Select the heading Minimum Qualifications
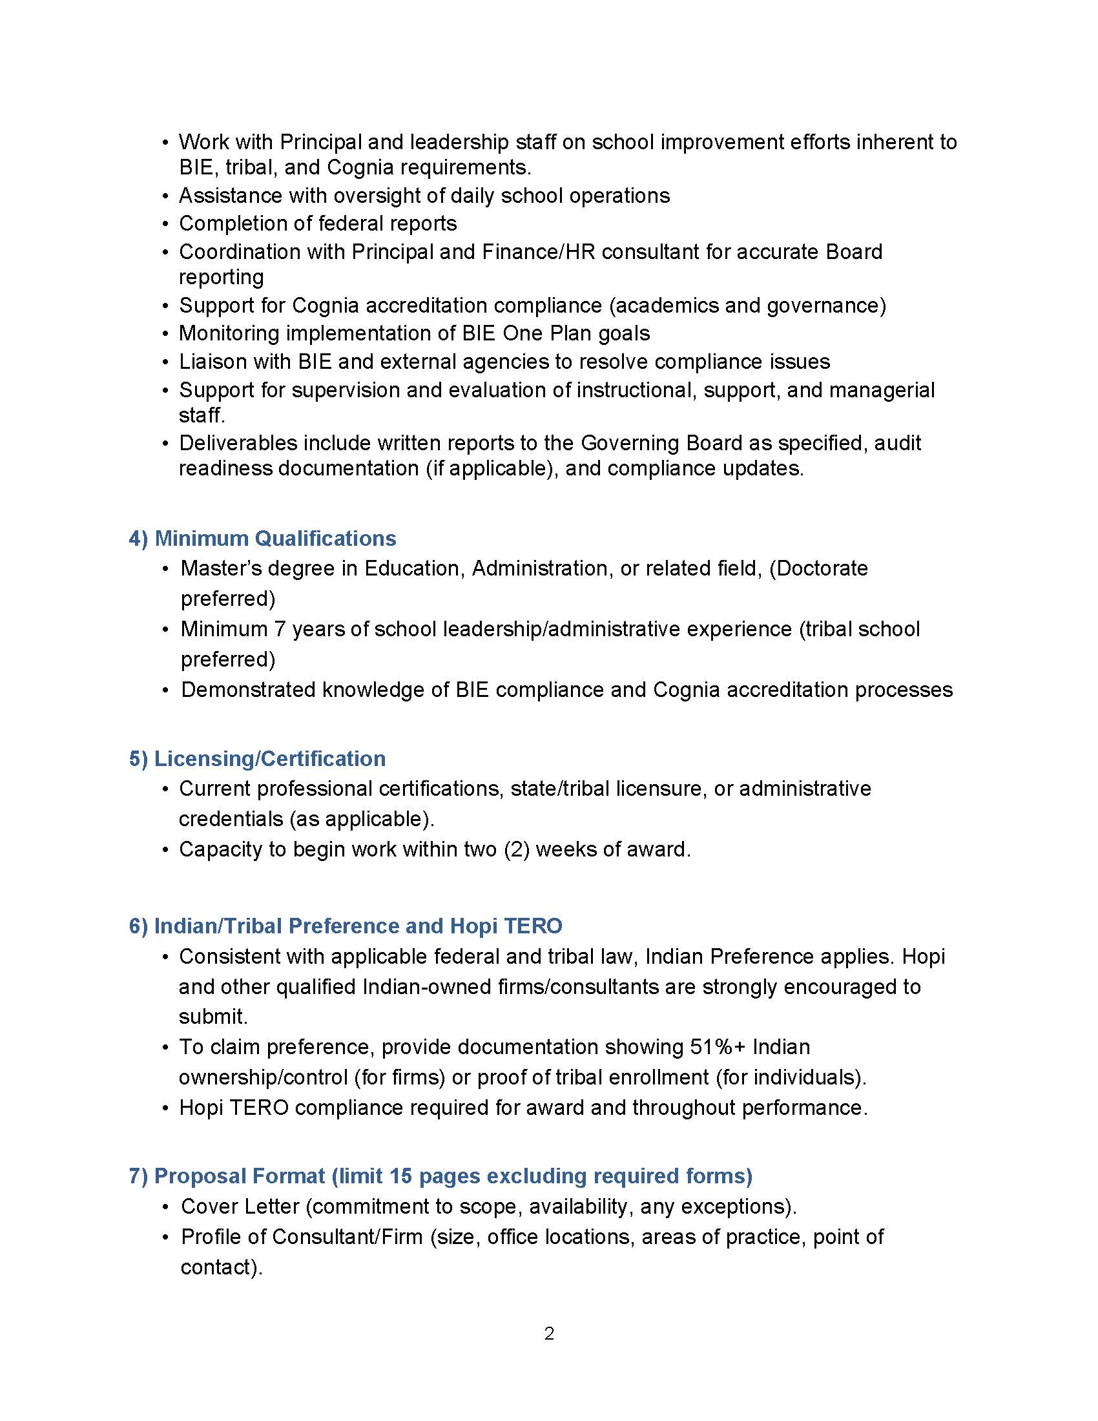(x=274, y=538)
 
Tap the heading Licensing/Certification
(x=269, y=758)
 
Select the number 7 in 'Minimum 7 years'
(x=280, y=628)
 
